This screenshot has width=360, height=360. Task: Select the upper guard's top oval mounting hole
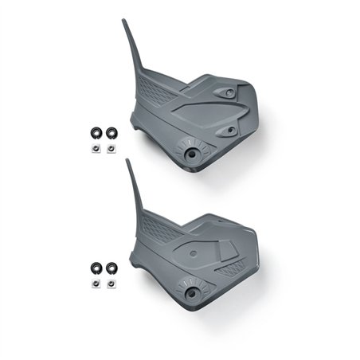pyautogui.click(x=230, y=93)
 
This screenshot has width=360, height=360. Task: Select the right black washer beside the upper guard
pyautogui.click(x=110, y=132)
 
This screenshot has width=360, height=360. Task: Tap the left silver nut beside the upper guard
pyautogui.click(x=95, y=147)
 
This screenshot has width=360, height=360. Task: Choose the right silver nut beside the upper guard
pyautogui.click(x=110, y=147)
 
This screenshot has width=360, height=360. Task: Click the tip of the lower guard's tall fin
pyautogui.click(x=127, y=160)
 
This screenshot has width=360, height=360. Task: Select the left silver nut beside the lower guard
pyautogui.click(x=95, y=284)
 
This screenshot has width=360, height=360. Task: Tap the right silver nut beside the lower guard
pyautogui.click(x=110, y=284)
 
